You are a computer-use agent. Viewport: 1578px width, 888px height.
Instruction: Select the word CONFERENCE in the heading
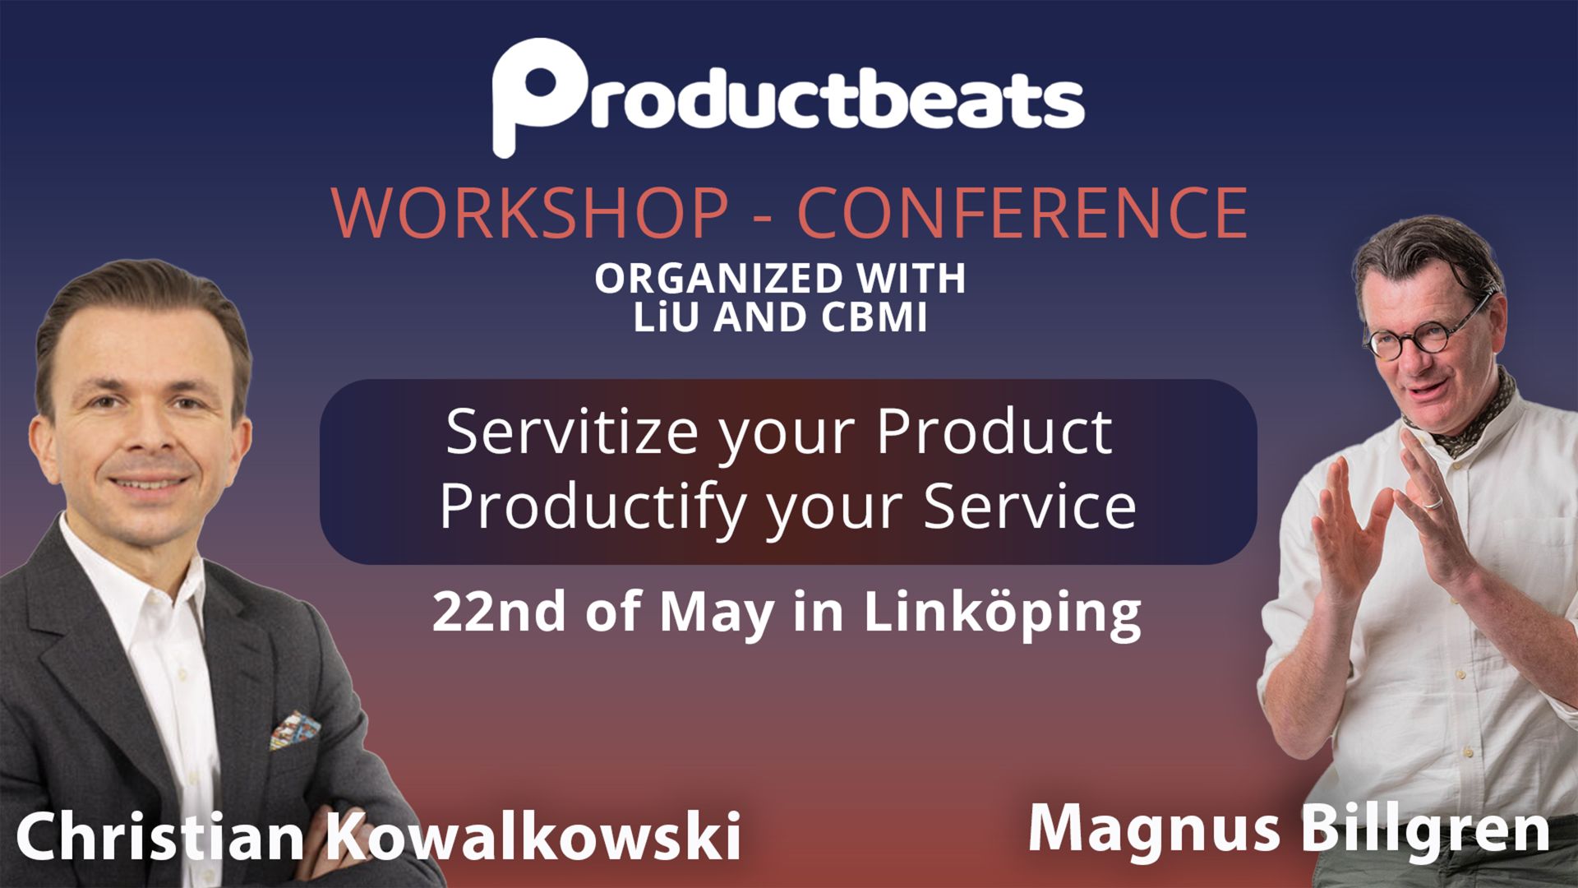(x=1022, y=213)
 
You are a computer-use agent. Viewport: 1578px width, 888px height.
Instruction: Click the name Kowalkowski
(x=534, y=835)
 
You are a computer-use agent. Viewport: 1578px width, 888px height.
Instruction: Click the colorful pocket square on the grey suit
(x=295, y=730)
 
